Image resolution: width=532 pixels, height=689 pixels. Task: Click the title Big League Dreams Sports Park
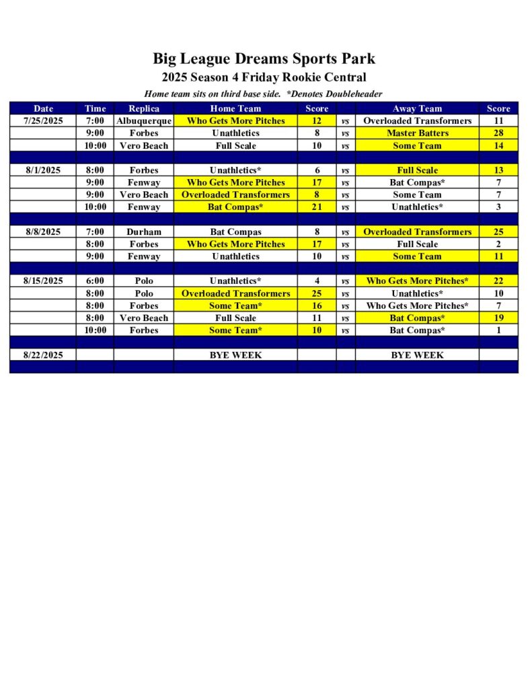click(264, 59)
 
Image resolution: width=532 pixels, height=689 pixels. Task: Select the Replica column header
click(143, 108)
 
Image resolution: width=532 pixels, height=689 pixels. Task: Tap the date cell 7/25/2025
click(43, 121)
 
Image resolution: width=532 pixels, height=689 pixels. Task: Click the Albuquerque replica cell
click(143, 121)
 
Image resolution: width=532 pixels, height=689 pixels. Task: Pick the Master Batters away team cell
click(417, 133)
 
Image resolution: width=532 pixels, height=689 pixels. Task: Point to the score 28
click(498, 133)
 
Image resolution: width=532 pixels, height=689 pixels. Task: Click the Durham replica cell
click(143, 232)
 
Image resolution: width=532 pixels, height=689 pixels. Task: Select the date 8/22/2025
click(43, 355)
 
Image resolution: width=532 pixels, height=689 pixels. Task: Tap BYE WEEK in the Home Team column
click(235, 355)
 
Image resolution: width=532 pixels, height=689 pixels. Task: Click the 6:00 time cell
click(95, 281)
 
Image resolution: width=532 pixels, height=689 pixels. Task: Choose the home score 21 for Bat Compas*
click(317, 207)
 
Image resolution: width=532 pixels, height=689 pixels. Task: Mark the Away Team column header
click(417, 108)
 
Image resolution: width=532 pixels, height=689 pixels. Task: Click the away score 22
click(498, 281)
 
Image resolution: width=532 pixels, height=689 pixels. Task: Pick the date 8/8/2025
click(43, 232)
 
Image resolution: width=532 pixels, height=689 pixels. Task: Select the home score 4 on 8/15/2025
click(317, 281)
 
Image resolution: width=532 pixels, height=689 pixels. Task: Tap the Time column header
click(95, 108)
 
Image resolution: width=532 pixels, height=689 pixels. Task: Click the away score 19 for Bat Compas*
click(498, 318)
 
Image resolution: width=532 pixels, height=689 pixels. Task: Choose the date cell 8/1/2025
click(43, 170)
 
